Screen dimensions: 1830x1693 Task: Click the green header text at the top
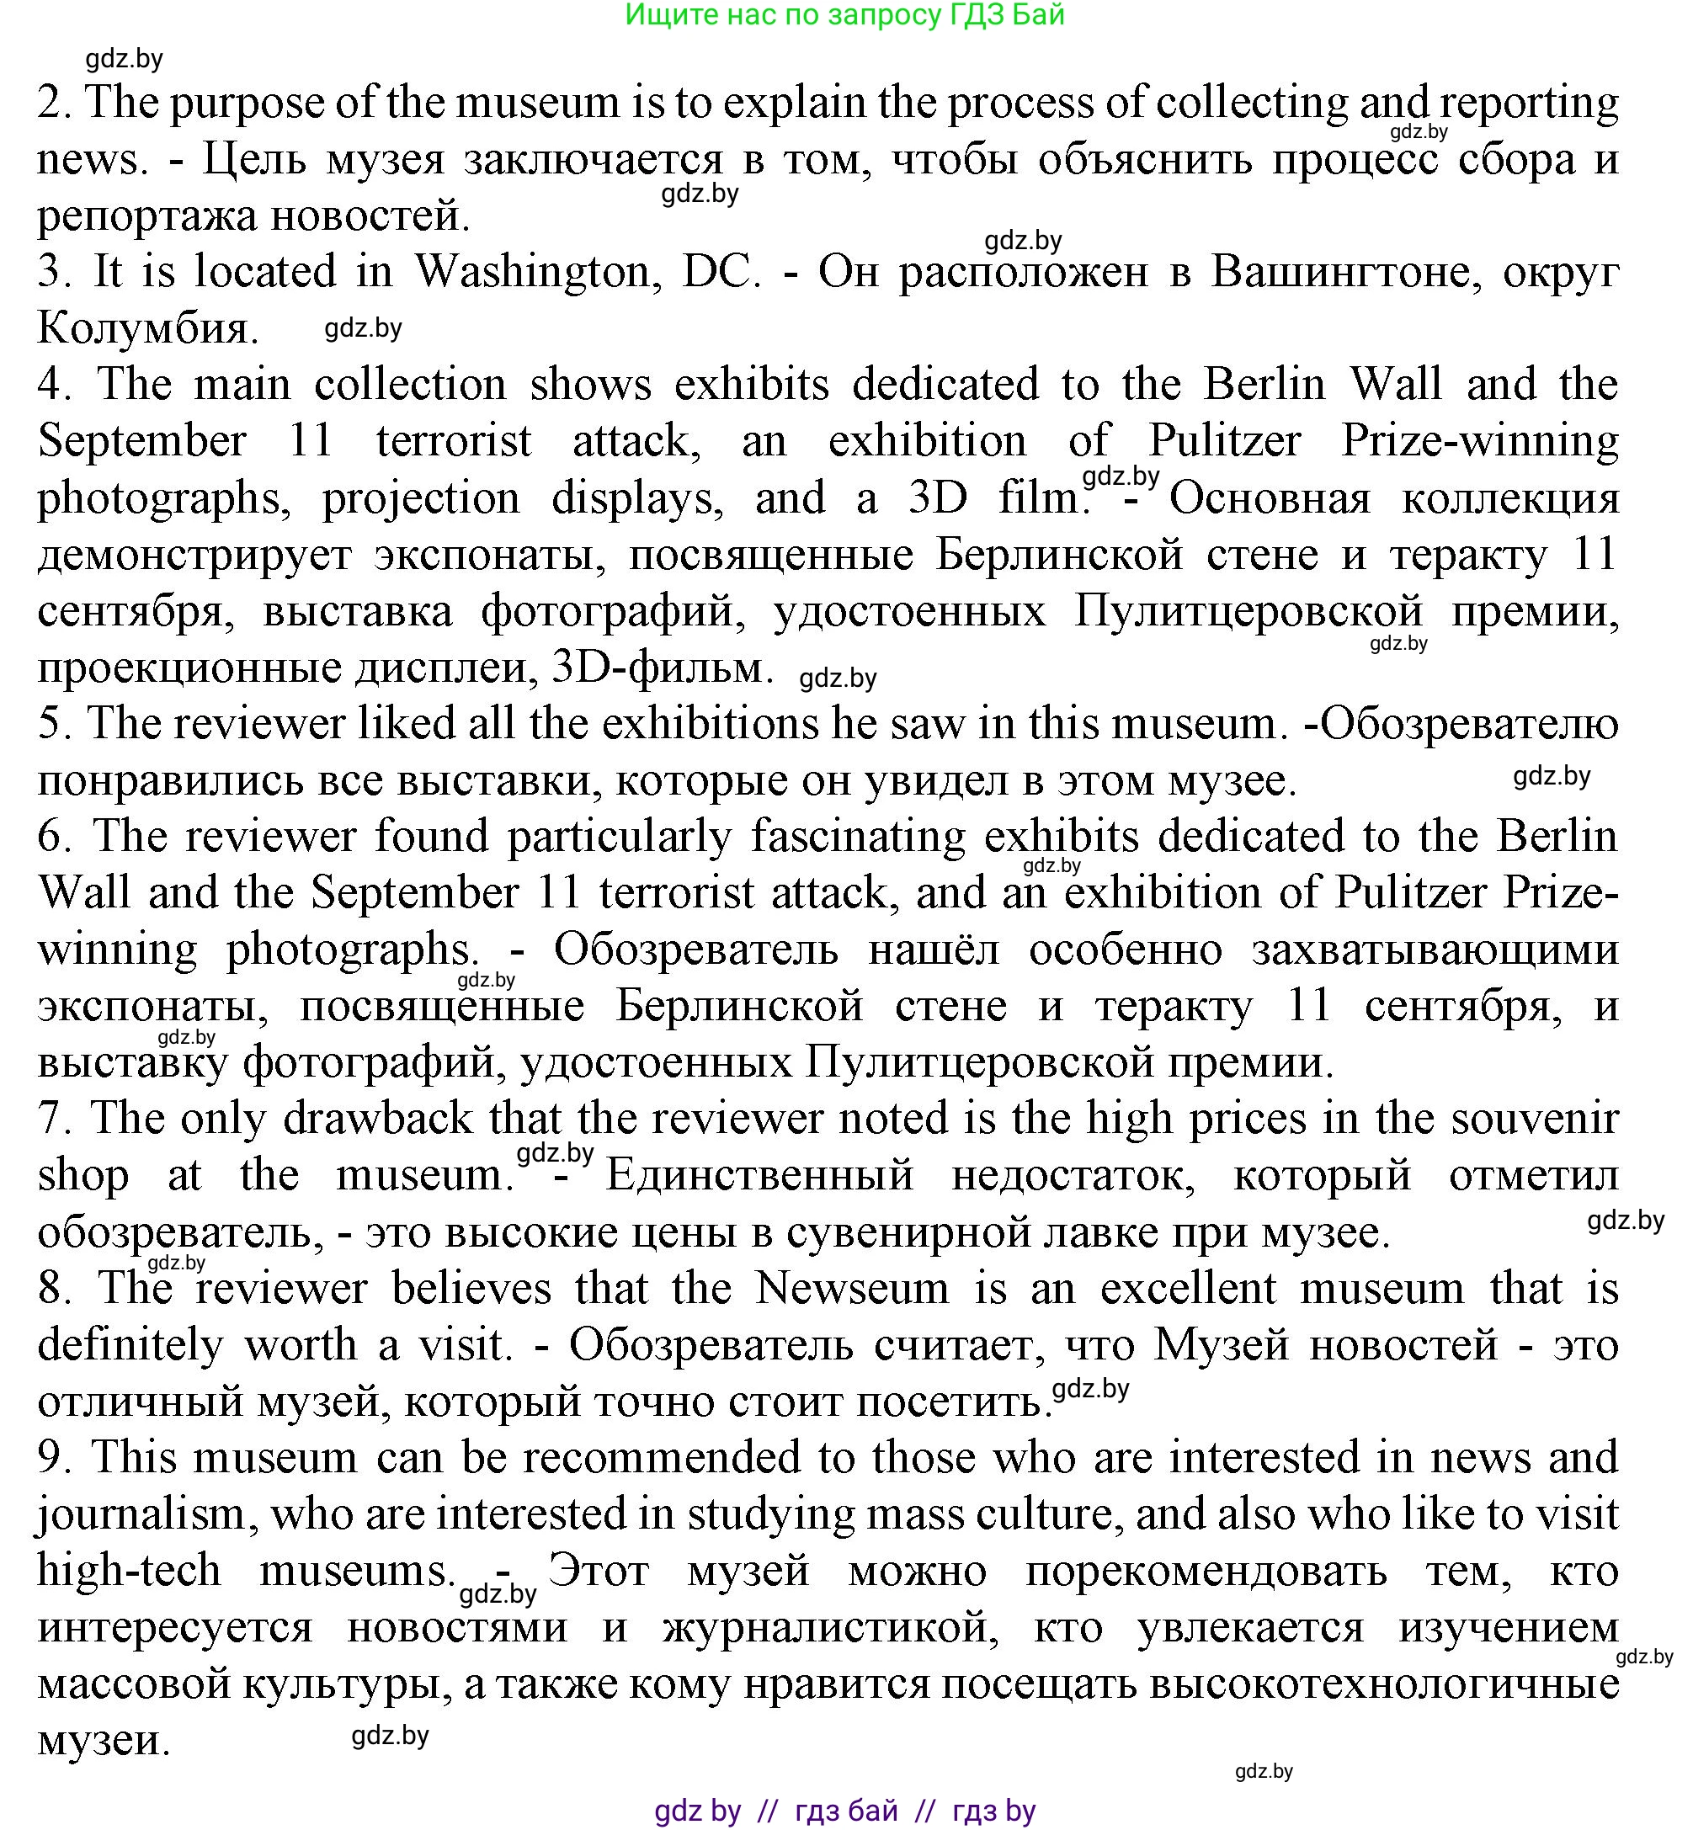click(x=844, y=14)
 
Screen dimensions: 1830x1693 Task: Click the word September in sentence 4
click(x=142, y=440)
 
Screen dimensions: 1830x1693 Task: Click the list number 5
click(x=55, y=725)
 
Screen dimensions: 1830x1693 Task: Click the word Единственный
click(x=759, y=1175)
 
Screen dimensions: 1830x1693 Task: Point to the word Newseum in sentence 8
click(x=852, y=1289)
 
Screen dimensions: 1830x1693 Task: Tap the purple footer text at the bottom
click(x=844, y=1811)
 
